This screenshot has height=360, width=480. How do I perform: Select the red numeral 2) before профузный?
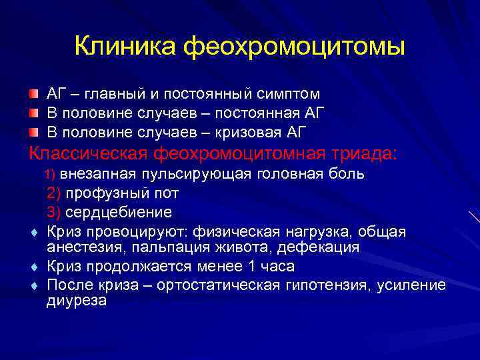(54, 193)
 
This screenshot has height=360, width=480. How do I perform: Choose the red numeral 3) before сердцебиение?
(54, 213)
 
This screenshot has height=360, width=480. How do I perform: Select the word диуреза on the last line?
(77, 301)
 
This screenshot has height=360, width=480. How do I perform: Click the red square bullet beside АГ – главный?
(33, 93)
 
